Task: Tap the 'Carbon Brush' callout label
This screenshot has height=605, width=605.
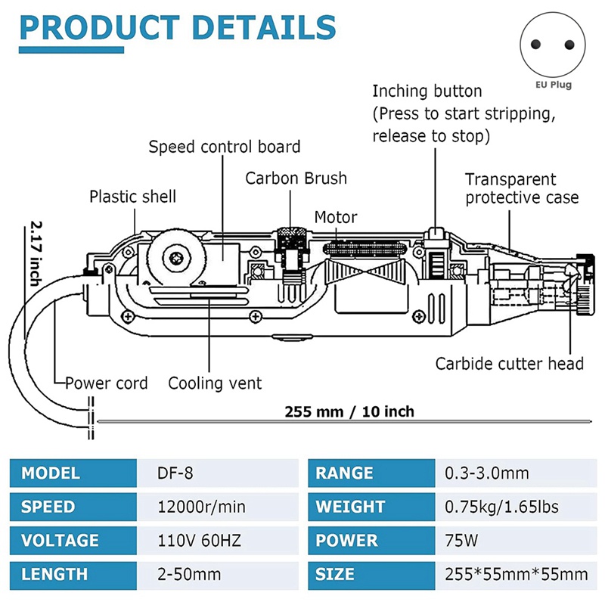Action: pyautogui.click(x=296, y=178)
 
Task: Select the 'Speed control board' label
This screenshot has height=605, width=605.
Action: pyautogui.click(x=224, y=147)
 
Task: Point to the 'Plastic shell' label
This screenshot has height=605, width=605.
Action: pyautogui.click(x=132, y=197)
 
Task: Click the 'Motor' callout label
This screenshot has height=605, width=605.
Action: pyautogui.click(x=336, y=218)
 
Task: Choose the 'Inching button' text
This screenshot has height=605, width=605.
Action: pyautogui.click(x=427, y=92)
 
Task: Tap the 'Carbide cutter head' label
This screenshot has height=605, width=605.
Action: pyautogui.click(x=509, y=364)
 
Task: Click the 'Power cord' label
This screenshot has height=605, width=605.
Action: pyautogui.click(x=107, y=383)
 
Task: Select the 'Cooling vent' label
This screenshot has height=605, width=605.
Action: pyautogui.click(x=215, y=383)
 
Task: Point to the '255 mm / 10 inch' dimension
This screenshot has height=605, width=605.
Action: pyautogui.click(x=349, y=412)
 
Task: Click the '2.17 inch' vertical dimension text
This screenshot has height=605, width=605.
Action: pyautogui.click(x=35, y=253)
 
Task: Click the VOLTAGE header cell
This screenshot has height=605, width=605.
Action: pyautogui.click(x=60, y=541)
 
